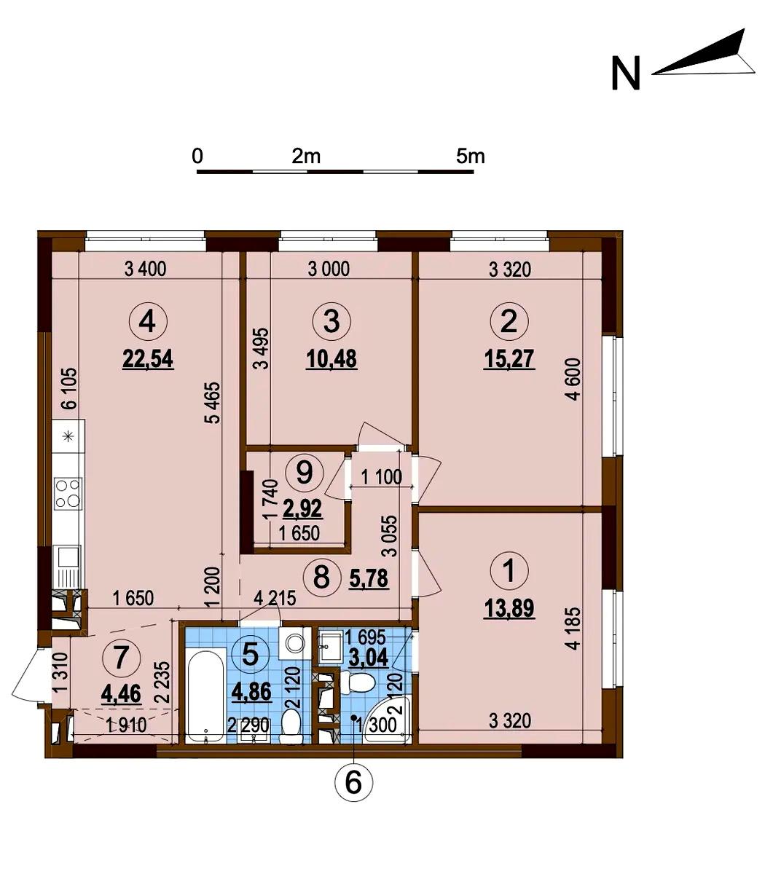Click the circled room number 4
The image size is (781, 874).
148,322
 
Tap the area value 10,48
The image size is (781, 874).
331,359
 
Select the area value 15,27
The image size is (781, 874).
509,359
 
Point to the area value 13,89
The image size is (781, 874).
509,609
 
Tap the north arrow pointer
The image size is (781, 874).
704,56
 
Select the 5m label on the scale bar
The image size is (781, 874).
471,156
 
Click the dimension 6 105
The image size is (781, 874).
69,388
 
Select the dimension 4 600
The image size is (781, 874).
575,379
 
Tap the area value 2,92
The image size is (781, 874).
302,509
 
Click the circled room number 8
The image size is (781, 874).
322,577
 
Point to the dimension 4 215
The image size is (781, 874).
275,599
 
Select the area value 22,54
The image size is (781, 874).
148,359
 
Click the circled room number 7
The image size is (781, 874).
121,658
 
